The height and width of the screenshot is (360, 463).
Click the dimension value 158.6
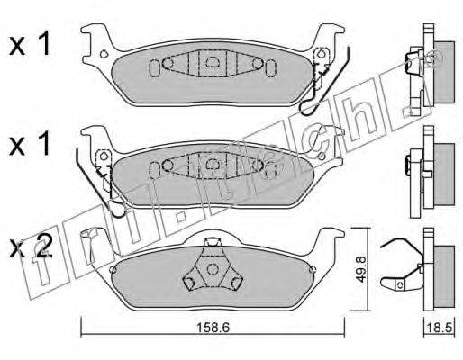click(x=213, y=328)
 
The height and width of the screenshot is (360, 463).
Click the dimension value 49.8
click(x=361, y=269)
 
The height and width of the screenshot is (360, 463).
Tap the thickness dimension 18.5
click(x=440, y=328)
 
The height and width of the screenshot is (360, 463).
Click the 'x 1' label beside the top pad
click(x=30, y=45)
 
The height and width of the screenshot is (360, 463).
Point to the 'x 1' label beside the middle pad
click(x=30, y=145)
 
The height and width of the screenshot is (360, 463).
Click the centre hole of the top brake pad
click(x=213, y=61)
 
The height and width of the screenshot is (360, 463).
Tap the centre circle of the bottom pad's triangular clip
click(x=213, y=269)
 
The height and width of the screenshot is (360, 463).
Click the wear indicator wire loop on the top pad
click(x=308, y=107)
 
